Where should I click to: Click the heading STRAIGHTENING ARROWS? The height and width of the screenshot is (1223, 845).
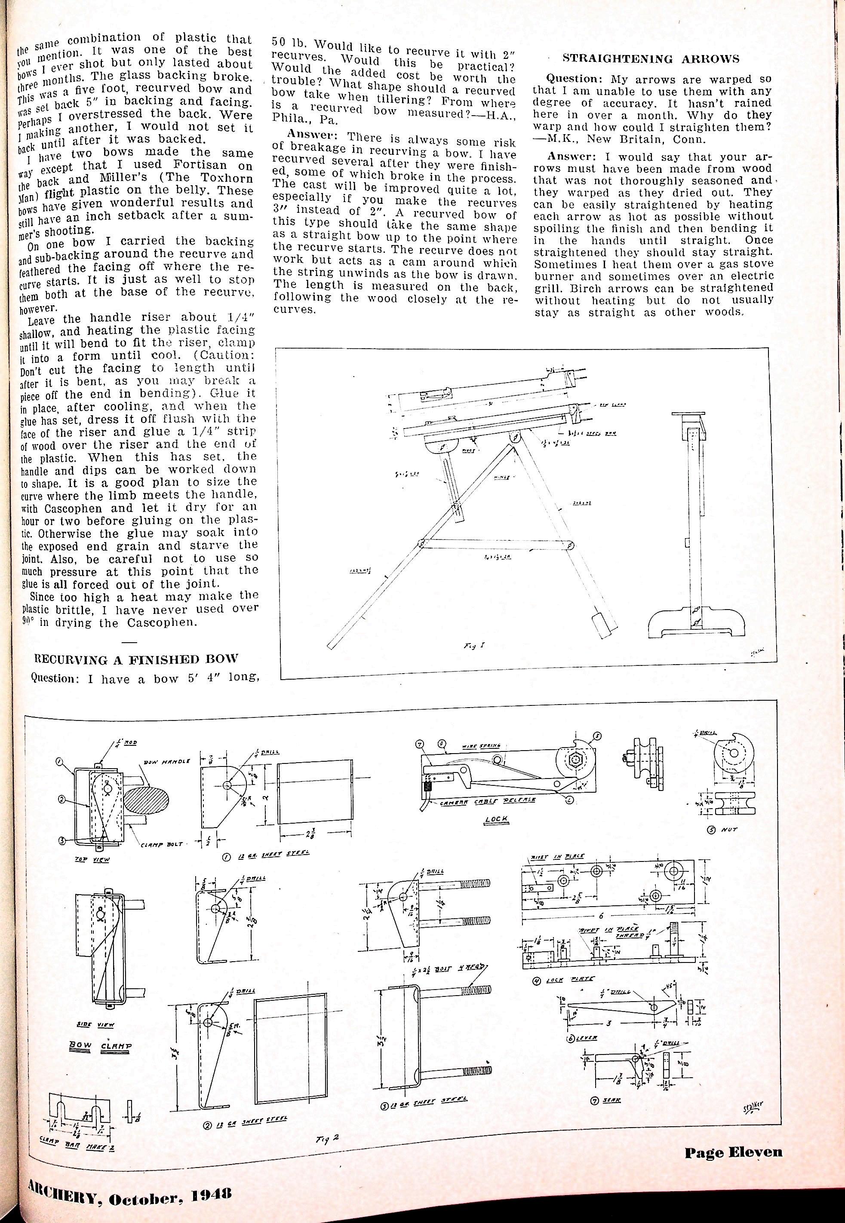pos(651,59)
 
